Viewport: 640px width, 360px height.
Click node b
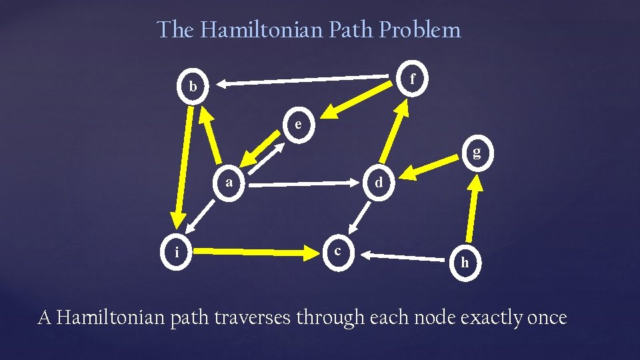point(193,87)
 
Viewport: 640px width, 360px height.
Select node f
point(413,79)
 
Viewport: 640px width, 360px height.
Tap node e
point(298,124)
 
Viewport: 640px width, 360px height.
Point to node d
point(378,181)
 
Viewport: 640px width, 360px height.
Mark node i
point(176,251)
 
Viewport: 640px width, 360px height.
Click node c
point(339,251)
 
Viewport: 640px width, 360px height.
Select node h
point(465,263)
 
